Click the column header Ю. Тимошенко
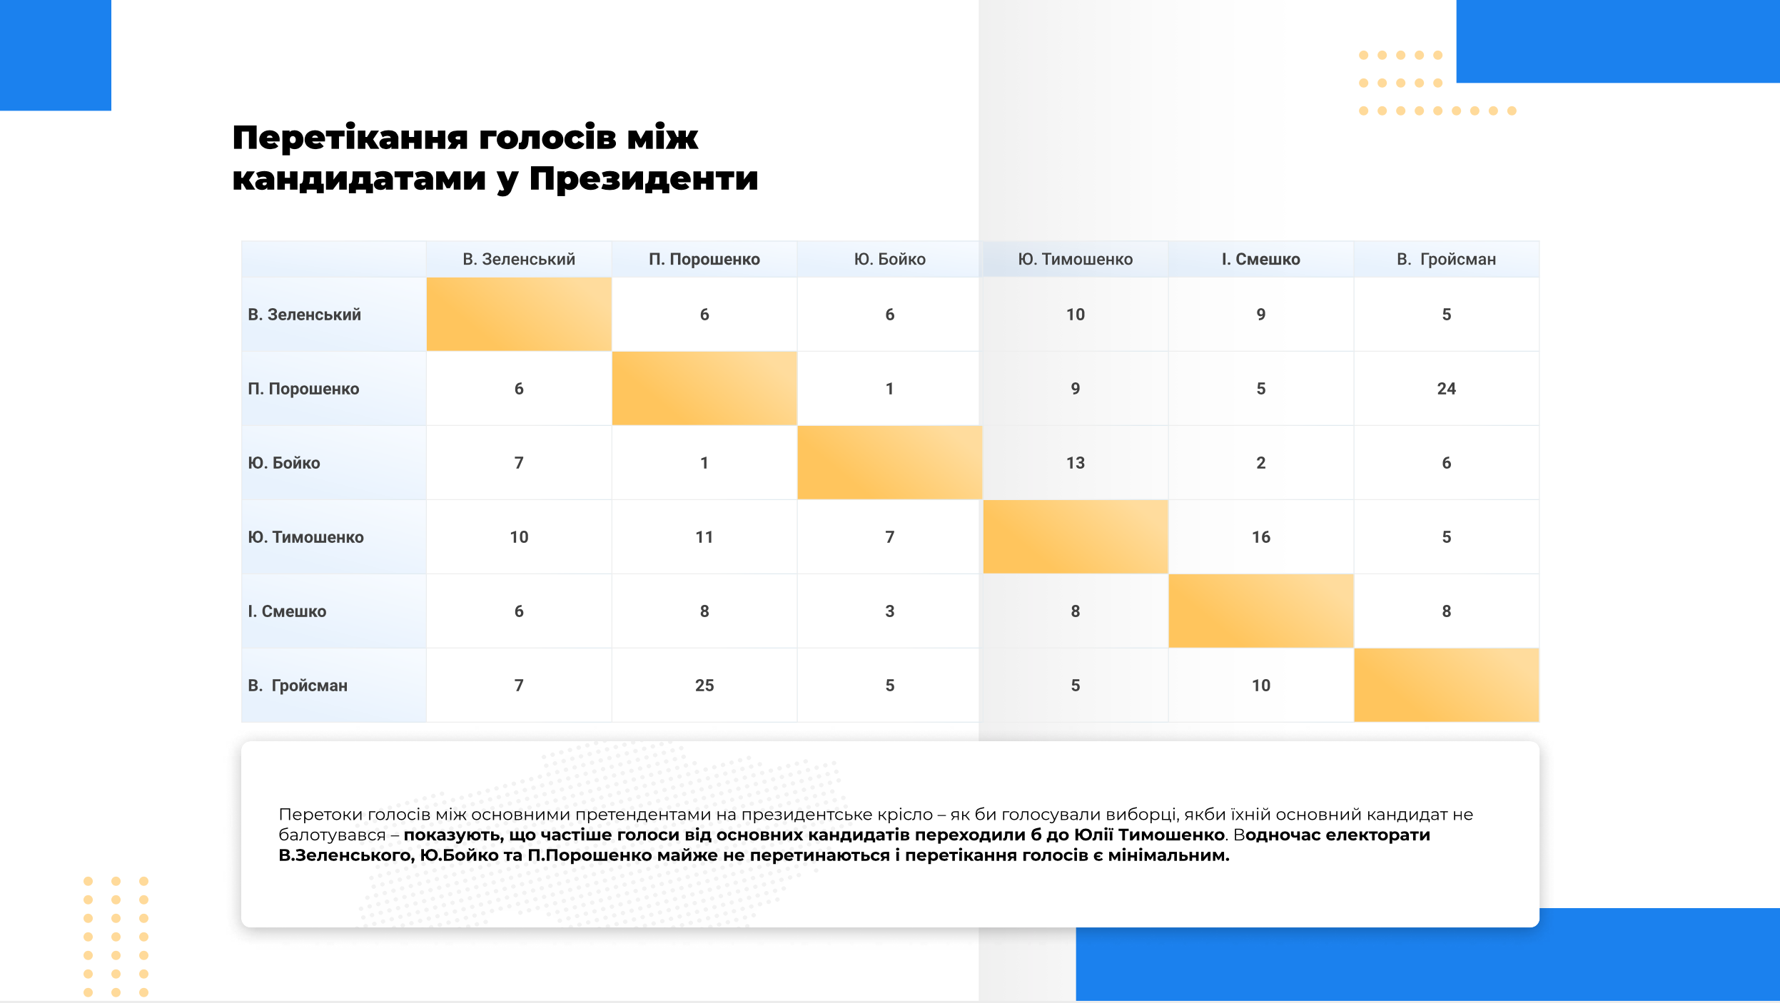tap(1075, 259)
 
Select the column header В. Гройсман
tap(1446, 259)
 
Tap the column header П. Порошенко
tap(704, 259)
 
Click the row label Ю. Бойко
tap(284, 463)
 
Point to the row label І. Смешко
tap(287, 611)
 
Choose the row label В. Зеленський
tap(304, 315)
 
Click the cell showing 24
tap(1446, 389)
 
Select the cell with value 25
tap(704, 686)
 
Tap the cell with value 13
tap(1075, 463)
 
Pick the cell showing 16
tap(1260, 537)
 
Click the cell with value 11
tap(704, 537)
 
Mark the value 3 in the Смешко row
tap(889, 611)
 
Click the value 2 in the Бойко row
tap(1260, 463)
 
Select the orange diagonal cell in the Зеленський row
tap(519, 314)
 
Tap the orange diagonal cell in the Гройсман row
tap(1446, 685)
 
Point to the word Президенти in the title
tap(643, 178)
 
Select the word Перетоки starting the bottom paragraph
tap(319, 815)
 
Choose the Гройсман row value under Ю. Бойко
tap(889, 686)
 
